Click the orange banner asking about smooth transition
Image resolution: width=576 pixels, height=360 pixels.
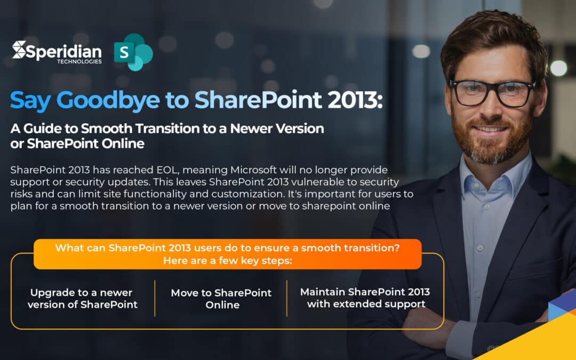[227, 254]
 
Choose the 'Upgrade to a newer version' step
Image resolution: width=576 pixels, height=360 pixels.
[82, 298]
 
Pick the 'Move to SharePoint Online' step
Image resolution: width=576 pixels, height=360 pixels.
[221, 299]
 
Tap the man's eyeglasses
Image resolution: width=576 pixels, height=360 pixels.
[491, 92]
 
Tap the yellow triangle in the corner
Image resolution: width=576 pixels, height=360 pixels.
[539, 341]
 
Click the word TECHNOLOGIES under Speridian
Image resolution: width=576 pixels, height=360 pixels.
[79, 62]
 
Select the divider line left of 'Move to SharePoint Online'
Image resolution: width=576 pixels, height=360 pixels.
[155, 298]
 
